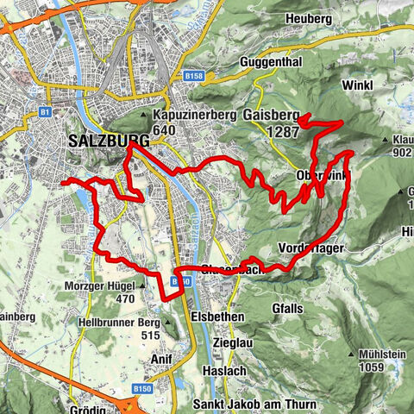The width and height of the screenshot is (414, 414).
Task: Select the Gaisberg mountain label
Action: [x=271, y=115]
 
